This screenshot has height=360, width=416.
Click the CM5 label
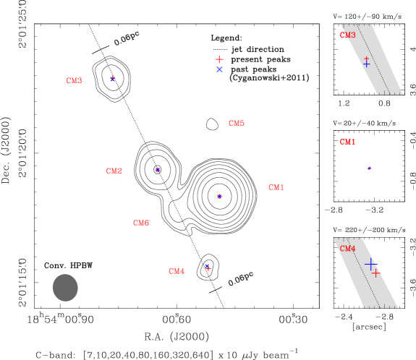tap(237, 124)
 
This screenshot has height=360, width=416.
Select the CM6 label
tap(141, 223)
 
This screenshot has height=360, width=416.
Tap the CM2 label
tap(114, 171)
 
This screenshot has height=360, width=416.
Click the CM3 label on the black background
tap(75, 81)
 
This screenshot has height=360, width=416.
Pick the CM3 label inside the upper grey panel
tap(347, 35)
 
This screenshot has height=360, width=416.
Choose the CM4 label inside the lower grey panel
tap(347, 249)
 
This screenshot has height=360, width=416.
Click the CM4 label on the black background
tap(177, 272)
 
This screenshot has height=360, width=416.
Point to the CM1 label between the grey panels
tap(347, 142)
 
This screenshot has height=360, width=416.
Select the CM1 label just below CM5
tap(276, 188)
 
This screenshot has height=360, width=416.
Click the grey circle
tap(65, 288)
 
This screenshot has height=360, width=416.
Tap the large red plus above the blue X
tap(219, 59)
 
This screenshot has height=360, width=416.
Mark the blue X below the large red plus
tap(219, 69)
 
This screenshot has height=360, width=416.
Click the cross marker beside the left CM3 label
tap(112, 78)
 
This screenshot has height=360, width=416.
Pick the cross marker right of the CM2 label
tap(158, 170)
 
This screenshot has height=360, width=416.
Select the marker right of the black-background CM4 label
tap(208, 267)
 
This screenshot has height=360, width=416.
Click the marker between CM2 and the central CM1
tap(219, 197)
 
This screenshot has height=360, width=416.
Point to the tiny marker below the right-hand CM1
tap(370, 168)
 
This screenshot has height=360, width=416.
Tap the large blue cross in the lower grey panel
tap(370, 265)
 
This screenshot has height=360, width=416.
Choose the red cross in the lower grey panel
tap(375, 273)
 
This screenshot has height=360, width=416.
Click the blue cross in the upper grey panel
tap(366, 64)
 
